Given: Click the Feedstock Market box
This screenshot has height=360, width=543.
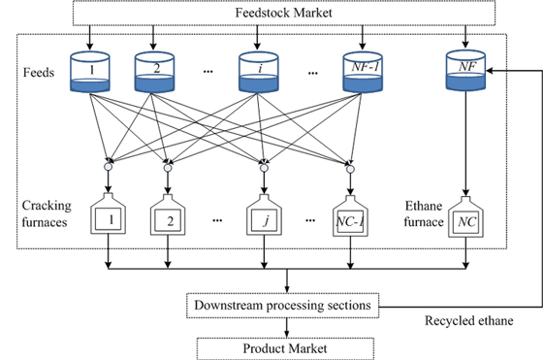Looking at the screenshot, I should point(282,12).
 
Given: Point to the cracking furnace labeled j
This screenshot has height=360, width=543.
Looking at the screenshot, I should point(263,221).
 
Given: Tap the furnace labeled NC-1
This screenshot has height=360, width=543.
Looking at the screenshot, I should point(352,221).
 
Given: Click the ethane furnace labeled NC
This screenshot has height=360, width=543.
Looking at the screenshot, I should point(464,221).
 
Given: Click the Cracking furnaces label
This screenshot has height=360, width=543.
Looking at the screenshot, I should point(48,213).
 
